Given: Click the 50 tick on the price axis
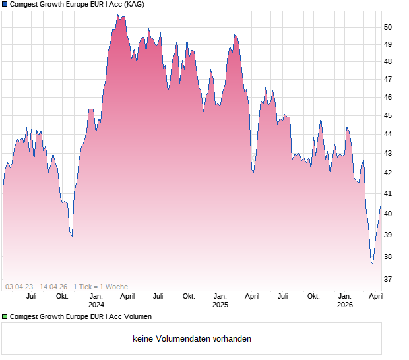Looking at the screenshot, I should click(388, 27).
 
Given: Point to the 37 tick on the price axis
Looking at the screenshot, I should click(388, 279).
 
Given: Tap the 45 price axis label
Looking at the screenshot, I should click(388, 115).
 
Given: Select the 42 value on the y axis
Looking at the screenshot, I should click(388, 173).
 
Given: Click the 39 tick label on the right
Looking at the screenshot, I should click(388, 235).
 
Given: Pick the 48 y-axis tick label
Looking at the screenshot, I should click(388, 62).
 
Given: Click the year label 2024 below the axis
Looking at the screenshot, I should click(96, 305).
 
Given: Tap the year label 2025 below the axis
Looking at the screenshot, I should click(220, 305).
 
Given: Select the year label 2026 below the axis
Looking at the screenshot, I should click(345, 305).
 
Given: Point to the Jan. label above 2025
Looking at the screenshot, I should click(220, 297).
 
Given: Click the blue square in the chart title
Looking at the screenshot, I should click(5, 5).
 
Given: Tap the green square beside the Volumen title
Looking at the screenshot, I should click(5, 316).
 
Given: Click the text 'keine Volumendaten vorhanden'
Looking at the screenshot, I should click(192, 339).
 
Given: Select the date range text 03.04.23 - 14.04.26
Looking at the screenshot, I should click(36, 287).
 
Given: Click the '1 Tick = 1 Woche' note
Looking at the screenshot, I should click(100, 287).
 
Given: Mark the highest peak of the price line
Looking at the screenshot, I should click(117, 15).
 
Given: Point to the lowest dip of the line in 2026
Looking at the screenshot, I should click(372, 263).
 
